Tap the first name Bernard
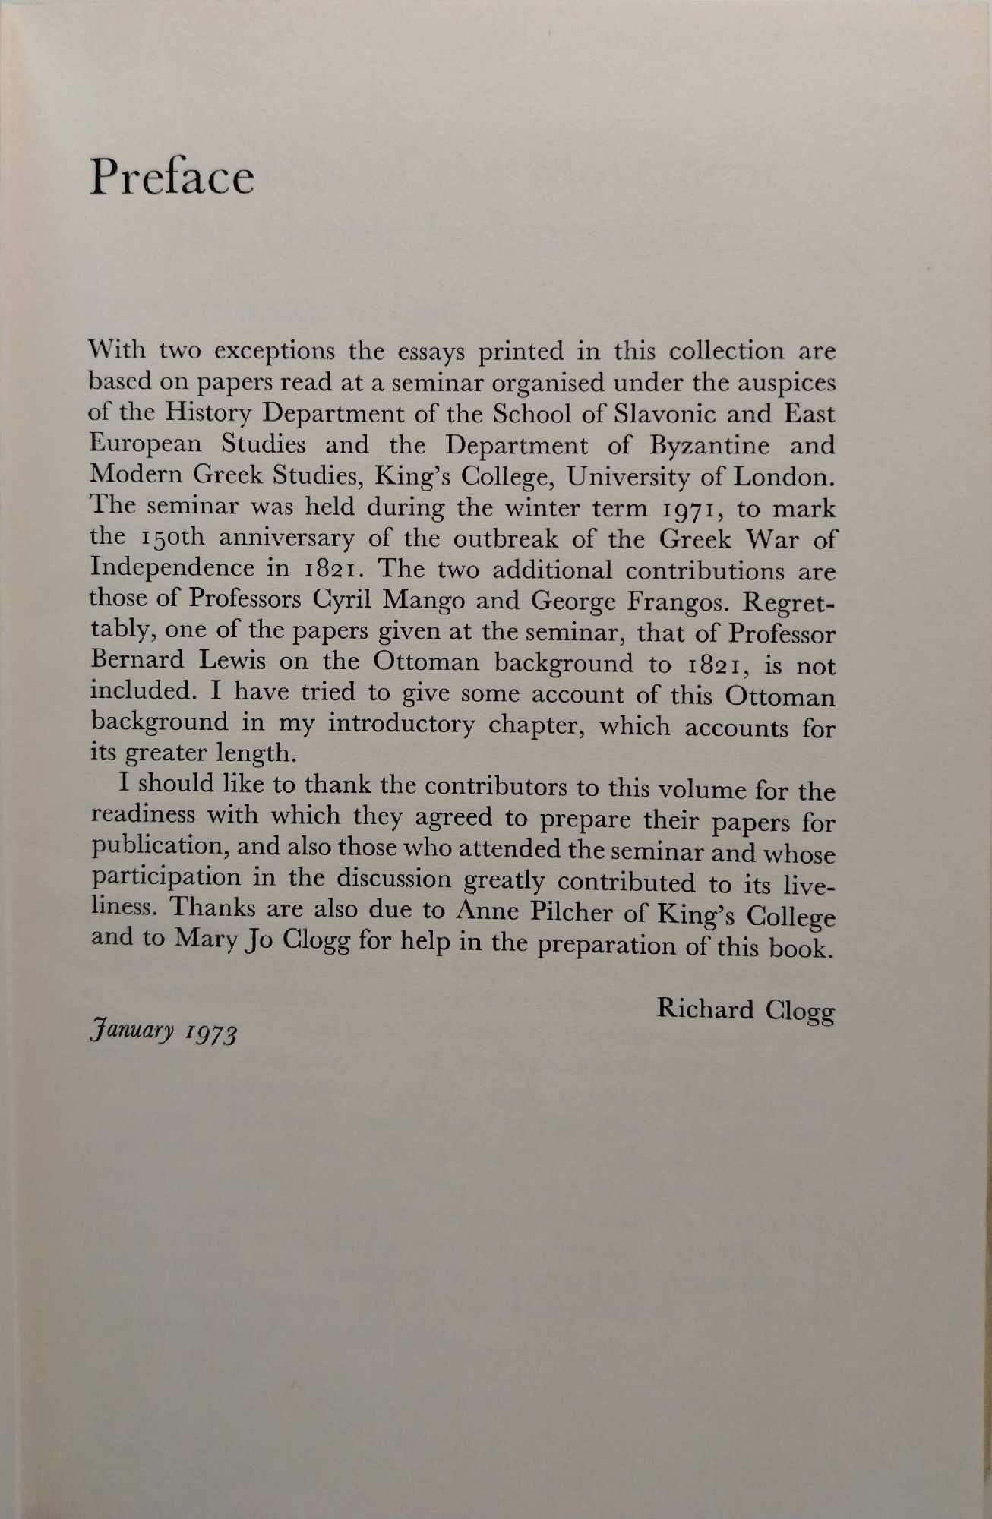click(137, 660)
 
